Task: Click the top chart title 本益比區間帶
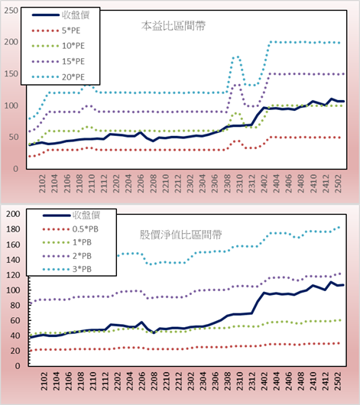click(x=174, y=26)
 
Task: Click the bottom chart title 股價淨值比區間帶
click(x=180, y=235)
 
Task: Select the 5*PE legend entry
click(x=56, y=31)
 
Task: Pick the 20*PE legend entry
click(x=58, y=77)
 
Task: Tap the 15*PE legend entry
click(x=58, y=61)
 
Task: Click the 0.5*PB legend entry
click(x=70, y=229)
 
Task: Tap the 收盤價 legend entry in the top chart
click(x=60, y=15)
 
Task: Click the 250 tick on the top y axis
click(x=11, y=11)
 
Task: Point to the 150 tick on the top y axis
click(x=11, y=74)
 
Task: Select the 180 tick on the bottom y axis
click(x=13, y=229)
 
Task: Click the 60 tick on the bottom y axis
click(x=15, y=320)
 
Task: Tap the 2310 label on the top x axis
click(x=239, y=183)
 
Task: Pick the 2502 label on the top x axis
click(x=338, y=183)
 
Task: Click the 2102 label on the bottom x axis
click(x=44, y=381)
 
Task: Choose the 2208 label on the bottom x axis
click(x=154, y=381)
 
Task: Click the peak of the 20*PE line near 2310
click(x=236, y=57)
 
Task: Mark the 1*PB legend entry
click(x=67, y=242)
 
